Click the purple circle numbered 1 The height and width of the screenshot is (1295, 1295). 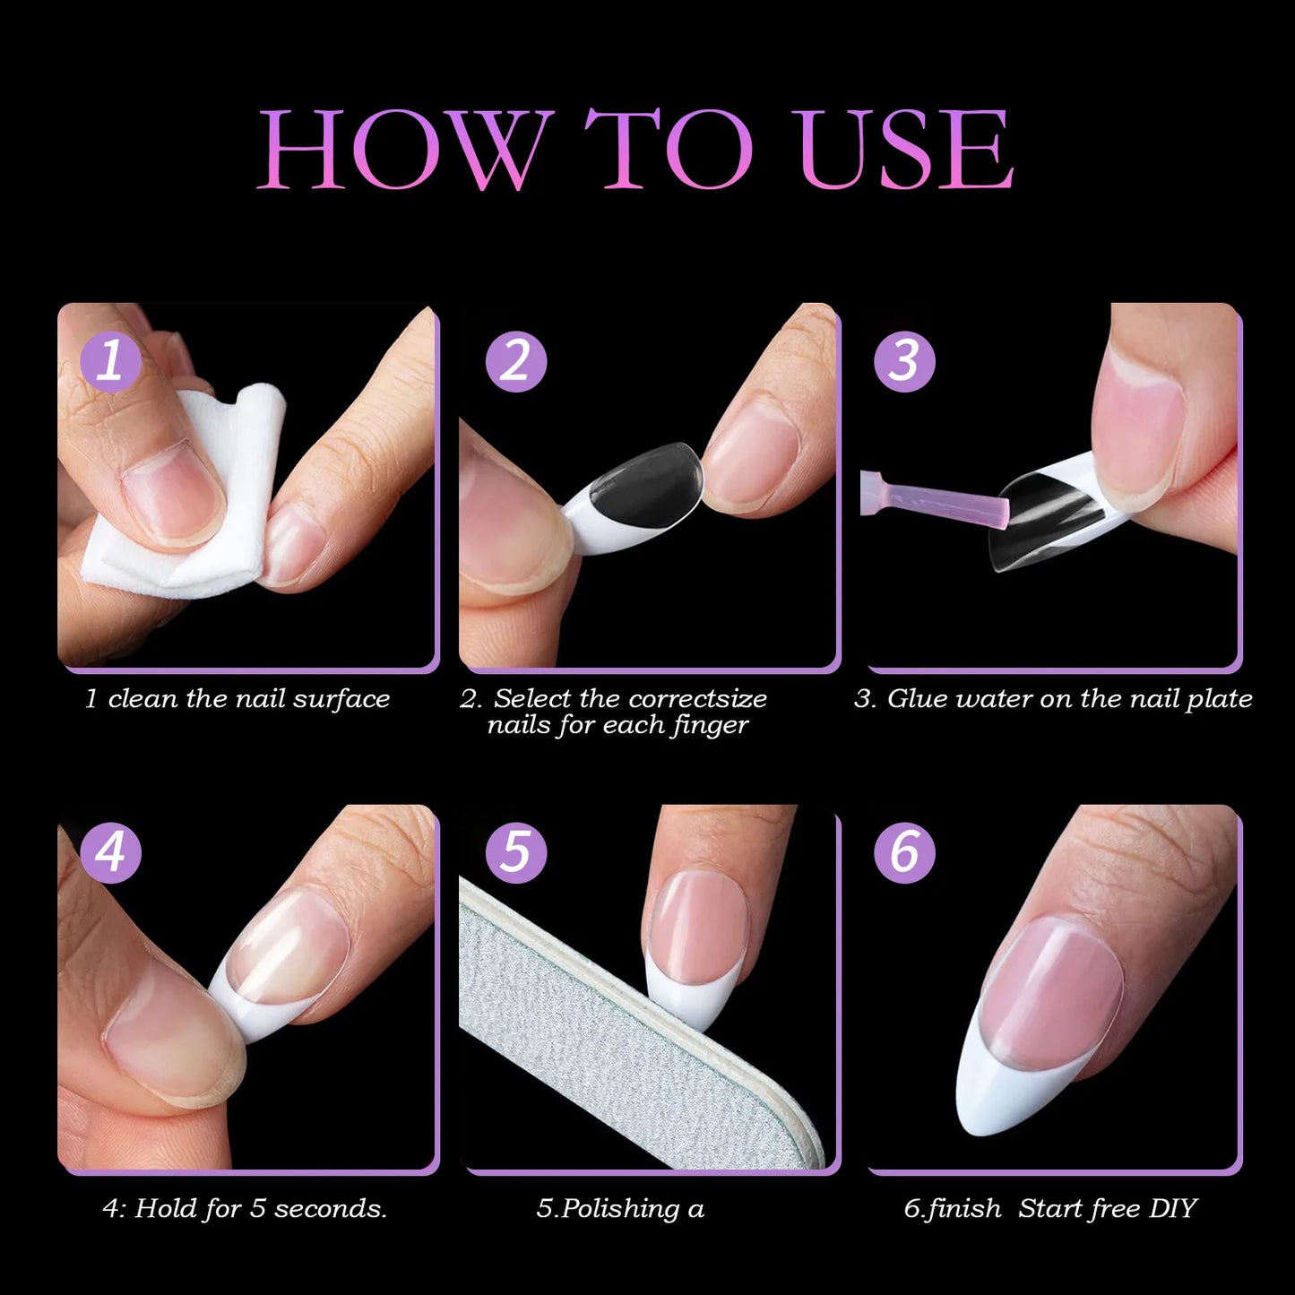111,361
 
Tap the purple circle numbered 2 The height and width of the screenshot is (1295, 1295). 515,361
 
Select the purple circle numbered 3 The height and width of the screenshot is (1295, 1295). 904,361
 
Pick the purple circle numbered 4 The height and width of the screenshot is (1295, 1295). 111,851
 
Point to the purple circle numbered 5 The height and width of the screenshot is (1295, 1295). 515,851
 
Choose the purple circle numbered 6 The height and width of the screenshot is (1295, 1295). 904,851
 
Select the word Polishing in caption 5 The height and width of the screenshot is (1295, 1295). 620,1209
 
